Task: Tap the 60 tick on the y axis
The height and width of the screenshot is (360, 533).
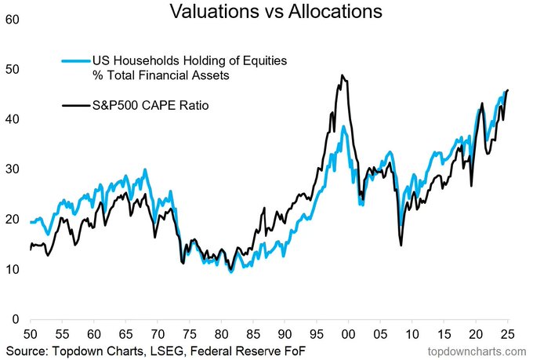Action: pos(12,19)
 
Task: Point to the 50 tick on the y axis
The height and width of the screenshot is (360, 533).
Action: pos(12,69)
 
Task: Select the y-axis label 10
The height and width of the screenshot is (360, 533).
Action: pos(12,270)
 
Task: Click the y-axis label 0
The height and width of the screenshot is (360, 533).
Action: pos(16,320)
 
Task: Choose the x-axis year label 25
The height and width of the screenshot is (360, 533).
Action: pos(507,333)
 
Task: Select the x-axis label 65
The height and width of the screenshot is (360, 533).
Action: pos(125,333)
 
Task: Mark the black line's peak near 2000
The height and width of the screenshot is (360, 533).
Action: pos(343,75)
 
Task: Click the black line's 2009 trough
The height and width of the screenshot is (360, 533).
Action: pos(401,245)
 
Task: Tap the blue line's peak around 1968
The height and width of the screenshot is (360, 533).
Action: pos(144,169)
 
